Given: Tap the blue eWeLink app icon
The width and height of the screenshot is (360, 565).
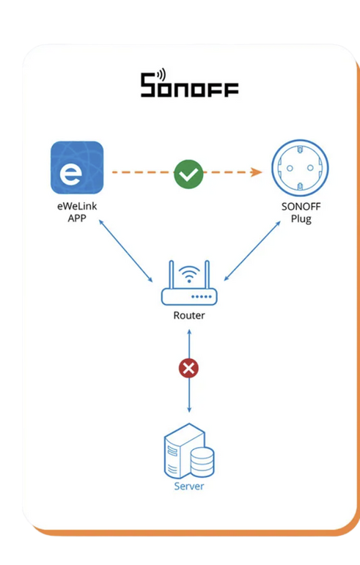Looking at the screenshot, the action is pyautogui.click(x=77, y=167).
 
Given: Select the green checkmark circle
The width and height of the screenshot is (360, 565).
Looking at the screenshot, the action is pyautogui.click(x=188, y=174).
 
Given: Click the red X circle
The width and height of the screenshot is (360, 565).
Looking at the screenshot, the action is pyautogui.click(x=189, y=369).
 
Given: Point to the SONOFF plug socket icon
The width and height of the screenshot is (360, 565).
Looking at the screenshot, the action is pyautogui.click(x=300, y=168).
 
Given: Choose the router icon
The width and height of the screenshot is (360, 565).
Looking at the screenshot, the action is pyautogui.click(x=189, y=283).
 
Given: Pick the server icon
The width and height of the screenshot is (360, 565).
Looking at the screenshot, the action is pyautogui.click(x=189, y=451).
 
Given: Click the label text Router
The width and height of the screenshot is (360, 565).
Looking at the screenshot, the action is pyautogui.click(x=189, y=315).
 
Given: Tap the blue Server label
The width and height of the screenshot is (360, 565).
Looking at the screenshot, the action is pyautogui.click(x=189, y=486).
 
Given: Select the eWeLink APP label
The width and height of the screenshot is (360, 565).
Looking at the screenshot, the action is pyautogui.click(x=77, y=212).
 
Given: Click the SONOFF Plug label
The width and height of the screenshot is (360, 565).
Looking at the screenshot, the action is pyautogui.click(x=301, y=213).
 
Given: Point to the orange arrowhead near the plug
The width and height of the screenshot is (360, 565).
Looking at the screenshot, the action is pyautogui.click(x=256, y=172).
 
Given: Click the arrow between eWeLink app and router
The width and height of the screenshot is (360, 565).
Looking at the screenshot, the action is pyautogui.click(x=126, y=251).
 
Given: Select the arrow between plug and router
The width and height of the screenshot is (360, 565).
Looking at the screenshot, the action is pyautogui.click(x=252, y=251).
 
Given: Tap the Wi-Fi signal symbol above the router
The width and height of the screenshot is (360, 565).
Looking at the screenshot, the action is pyautogui.click(x=189, y=274).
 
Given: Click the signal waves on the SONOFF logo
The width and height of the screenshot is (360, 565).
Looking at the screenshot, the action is pyautogui.click(x=161, y=74).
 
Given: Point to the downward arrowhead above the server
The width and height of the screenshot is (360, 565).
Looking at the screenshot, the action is pyautogui.click(x=189, y=410).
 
